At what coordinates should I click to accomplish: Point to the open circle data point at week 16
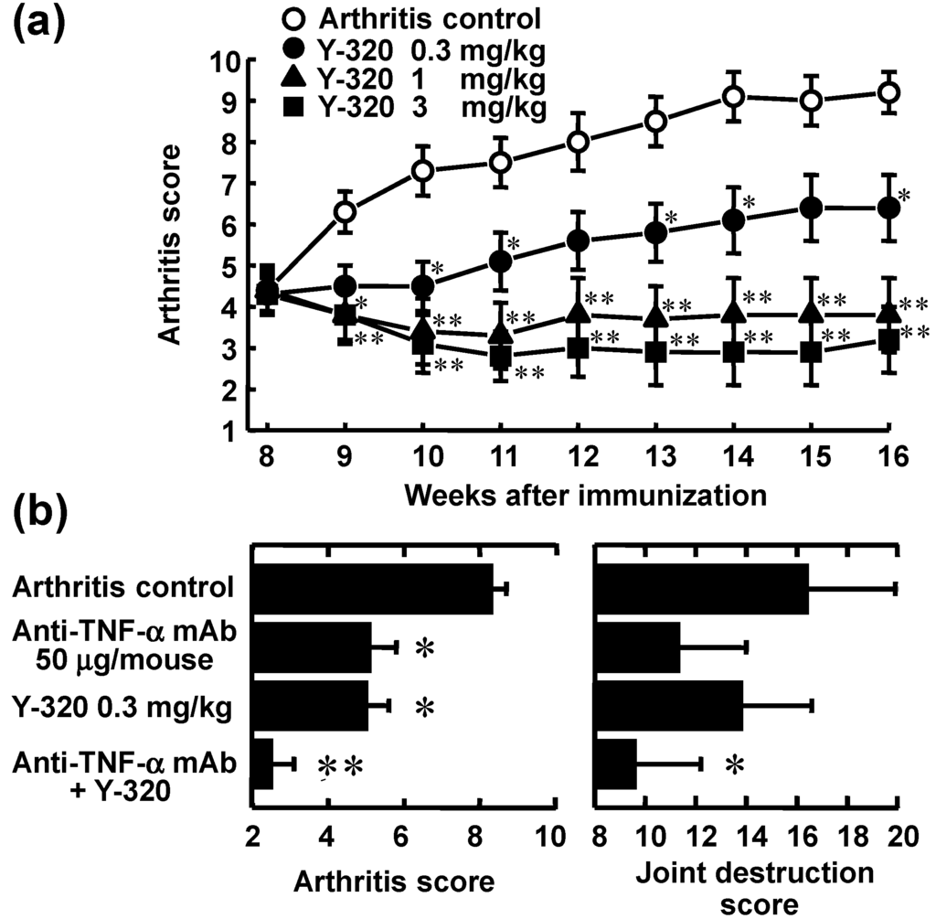(888, 92)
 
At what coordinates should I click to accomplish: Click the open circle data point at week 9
(345, 212)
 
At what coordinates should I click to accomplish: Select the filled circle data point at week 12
(578, 240)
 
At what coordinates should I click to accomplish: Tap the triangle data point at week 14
(732, 313)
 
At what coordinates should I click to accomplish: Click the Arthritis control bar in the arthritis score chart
(372, 590)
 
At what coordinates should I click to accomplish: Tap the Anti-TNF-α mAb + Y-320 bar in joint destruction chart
(616, 764)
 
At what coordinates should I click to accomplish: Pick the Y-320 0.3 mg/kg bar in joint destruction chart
(669, 705)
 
